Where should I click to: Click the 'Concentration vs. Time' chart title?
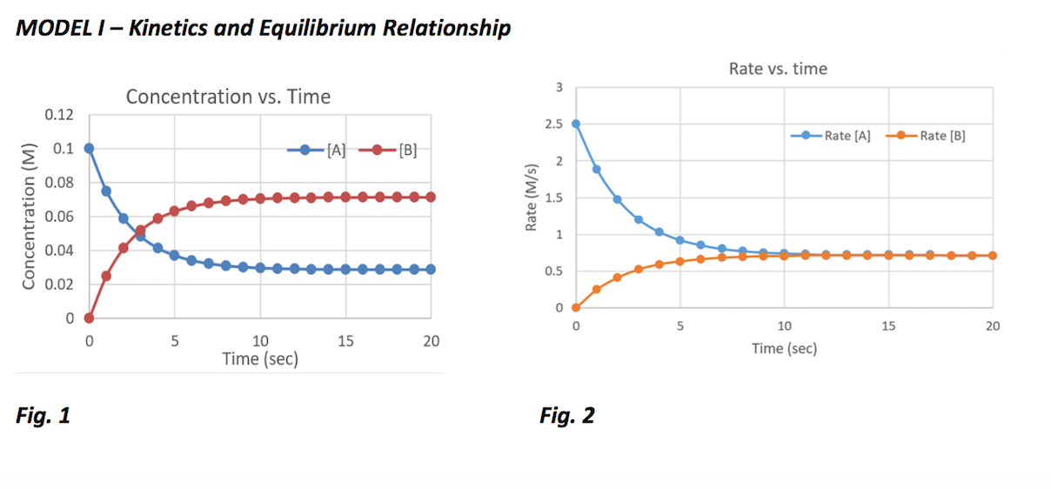click(x=228, y=97)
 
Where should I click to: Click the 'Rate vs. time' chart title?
click(x=778, y=69)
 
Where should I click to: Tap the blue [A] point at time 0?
click(x=89, y=148)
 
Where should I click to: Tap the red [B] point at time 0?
click(x=89, y=318)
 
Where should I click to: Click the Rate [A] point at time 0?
click(x=576, y=124)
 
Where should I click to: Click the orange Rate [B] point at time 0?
click(x=576, y=307)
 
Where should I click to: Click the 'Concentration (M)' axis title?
click(x=29, y=217)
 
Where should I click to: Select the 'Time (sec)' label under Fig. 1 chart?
click(x=259, y=358)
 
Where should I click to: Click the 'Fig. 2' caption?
click(x=566, y=416)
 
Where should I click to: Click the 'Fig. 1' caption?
click(x=43, y=416)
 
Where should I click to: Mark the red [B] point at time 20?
click(x=431, y=198)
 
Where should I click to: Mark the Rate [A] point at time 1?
click(x=597, y=169)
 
